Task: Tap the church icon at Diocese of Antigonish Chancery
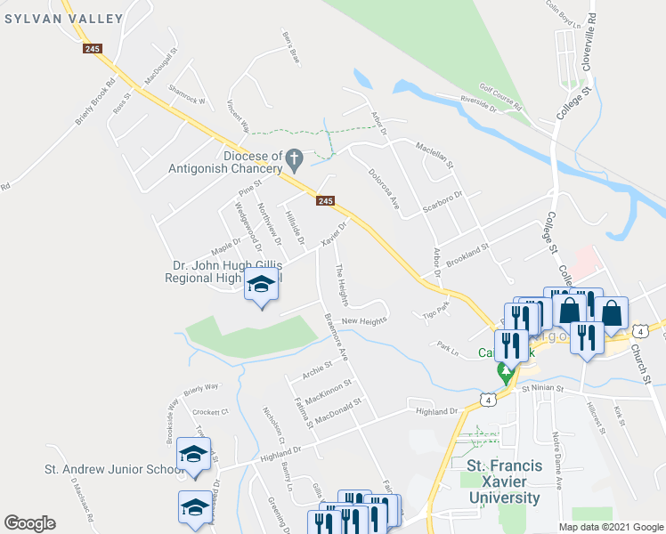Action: [x=295, y=161]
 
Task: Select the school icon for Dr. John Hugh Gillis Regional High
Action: [x=260, y=286]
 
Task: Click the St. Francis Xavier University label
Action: [x=503, y=481]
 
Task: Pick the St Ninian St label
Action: [x=543, y=388]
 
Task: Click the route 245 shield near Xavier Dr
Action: [x=325, y=202]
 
